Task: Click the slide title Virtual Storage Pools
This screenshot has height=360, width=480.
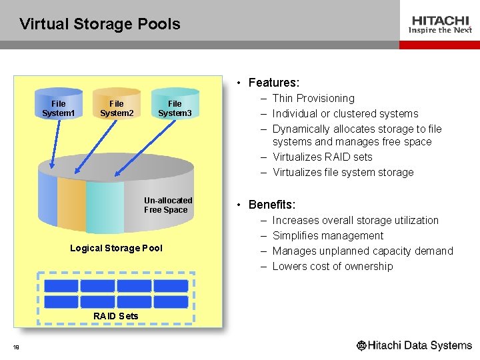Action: [100, 25]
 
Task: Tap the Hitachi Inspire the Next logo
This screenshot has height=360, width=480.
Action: [440, 25]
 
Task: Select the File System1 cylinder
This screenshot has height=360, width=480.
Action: [59, 107]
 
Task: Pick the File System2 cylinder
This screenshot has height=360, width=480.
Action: [117, 107]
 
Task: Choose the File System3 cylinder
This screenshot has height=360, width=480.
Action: [175, 107]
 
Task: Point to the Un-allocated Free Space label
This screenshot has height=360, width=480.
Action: [168, 205]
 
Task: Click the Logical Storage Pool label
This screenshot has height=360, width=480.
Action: [116, 248]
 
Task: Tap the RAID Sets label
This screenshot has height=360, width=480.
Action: [116, 315]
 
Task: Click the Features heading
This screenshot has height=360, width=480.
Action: [273, 83]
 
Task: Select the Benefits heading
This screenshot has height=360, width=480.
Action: [271, 205]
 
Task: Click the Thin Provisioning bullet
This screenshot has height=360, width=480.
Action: [313, 98]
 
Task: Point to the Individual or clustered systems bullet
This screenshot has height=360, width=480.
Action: [345, 113]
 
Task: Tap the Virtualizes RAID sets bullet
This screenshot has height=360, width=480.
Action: [323, 157]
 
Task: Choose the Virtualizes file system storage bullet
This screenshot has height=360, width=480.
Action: [343, 172]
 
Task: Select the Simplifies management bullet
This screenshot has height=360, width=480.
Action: [328, 235]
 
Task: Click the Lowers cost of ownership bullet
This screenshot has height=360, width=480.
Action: [333, 266]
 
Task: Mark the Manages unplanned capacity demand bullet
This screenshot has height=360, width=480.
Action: [363, 251]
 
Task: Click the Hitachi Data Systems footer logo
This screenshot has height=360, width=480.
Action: [414, 345]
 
